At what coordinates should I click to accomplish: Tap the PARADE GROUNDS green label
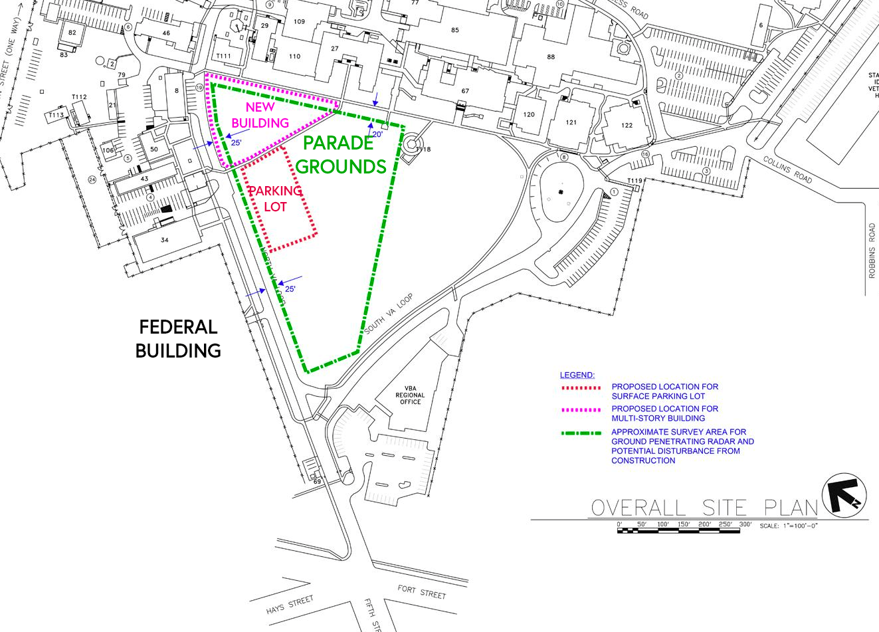tap(341, 154)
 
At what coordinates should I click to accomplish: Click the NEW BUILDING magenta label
tap(260, 115)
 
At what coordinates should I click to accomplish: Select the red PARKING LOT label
tap(275, 198)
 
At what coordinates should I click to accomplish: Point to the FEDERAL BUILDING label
tap(178, 338)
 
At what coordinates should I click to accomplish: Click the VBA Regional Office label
tap(410, 395)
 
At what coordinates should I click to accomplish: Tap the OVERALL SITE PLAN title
tap(704, 508)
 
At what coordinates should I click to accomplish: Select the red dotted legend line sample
tap(580, 387)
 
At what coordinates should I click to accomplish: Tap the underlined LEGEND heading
tap(577, 375)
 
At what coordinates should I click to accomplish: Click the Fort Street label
tap(422, 591)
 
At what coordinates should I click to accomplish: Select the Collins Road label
tap(787, 169)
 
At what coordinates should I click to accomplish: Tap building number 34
tap(164, 240)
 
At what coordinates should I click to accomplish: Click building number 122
tap(627, 125)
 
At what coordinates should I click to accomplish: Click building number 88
tap(551, 57)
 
